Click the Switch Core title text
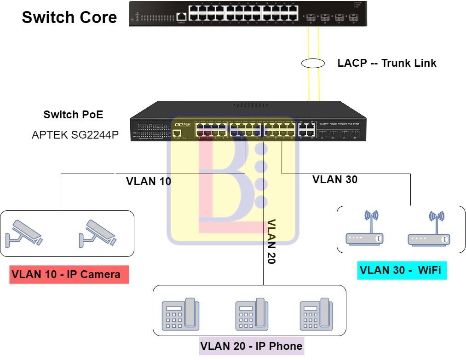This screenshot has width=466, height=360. click(x=69, y=17)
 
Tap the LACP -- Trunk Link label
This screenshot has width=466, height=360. click(x=387, y=63)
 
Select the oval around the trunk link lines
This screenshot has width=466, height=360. click(x=314, y=64)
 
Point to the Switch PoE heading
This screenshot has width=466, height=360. click(x=73, y=115)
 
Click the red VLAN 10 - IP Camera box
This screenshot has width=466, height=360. click(x=69, y=275)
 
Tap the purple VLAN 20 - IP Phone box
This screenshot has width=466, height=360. click(x=251, y=346)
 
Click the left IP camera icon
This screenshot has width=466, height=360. click(x=24, y=232)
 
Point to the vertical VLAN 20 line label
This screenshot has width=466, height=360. click(x=271, y=241)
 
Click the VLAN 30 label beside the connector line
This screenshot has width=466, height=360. click(x=335, y=180)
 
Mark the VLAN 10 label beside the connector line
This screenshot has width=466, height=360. click(x=149, y=181)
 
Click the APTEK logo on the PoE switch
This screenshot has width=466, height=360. click(x=183, y=124)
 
